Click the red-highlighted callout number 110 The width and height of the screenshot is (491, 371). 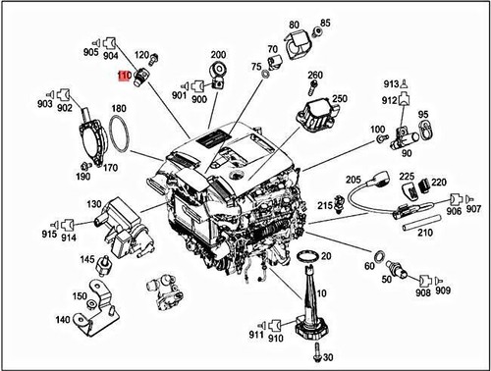point(124,75)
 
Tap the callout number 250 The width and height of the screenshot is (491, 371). point(340,99)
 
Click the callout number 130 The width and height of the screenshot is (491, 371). point(93,204)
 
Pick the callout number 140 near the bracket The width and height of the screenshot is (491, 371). point(62,320)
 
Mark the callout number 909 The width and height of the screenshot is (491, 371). point(444,291)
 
